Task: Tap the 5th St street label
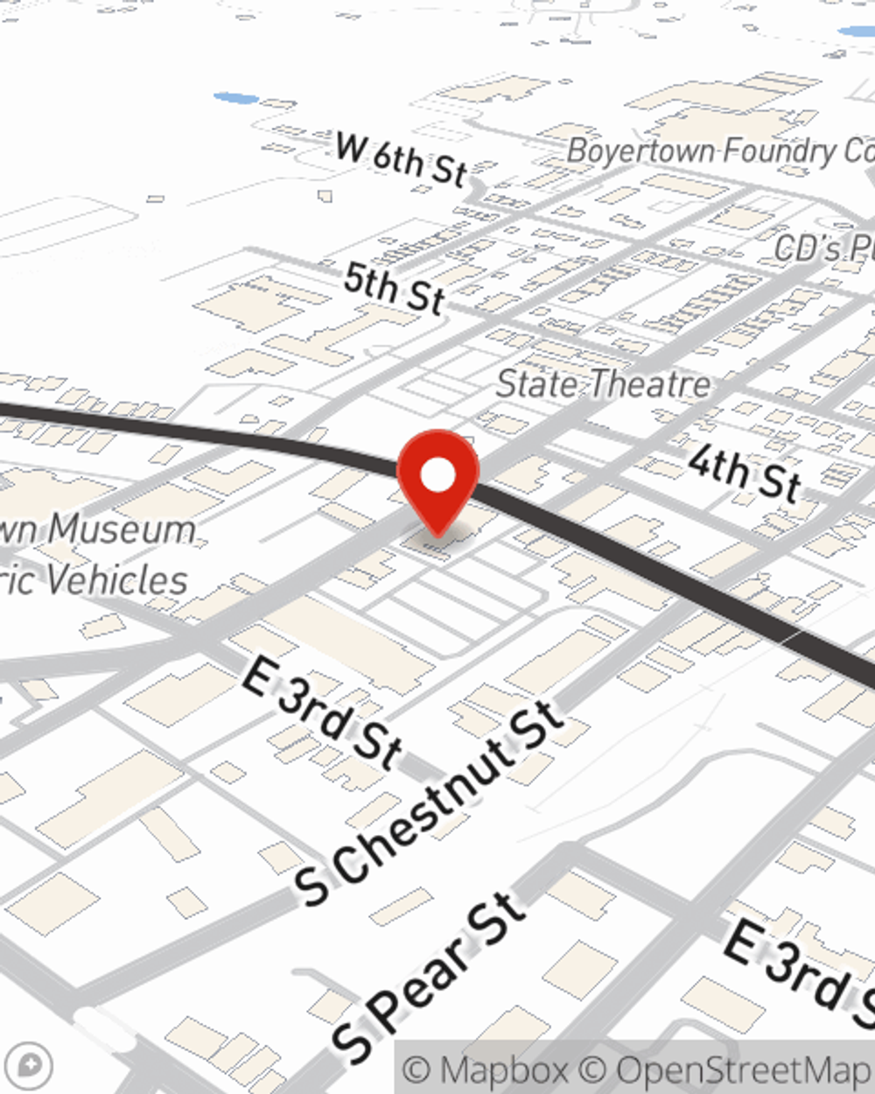coord(394,287)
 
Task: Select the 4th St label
coord(744,473)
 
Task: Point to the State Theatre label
coord(604,384)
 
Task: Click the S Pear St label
coord(429,976)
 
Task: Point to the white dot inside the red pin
coord(438,475)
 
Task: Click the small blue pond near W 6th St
coord(234,98)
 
